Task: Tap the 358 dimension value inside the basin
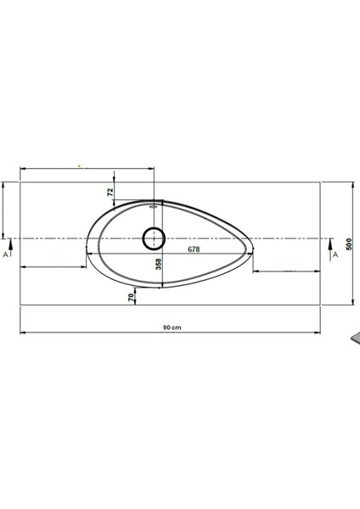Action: point(158,264)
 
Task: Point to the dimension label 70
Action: point(130,297)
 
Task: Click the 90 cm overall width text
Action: point(172,327)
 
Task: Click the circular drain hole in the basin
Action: point(154,238)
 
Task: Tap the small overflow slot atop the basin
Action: point(155,204)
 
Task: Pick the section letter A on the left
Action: point(7,254)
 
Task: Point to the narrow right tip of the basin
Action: point(252,249)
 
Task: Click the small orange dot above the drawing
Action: point(79,166)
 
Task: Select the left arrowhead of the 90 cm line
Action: point(22,332)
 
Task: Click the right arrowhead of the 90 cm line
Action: point(318,332)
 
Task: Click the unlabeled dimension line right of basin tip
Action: point(285,271)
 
